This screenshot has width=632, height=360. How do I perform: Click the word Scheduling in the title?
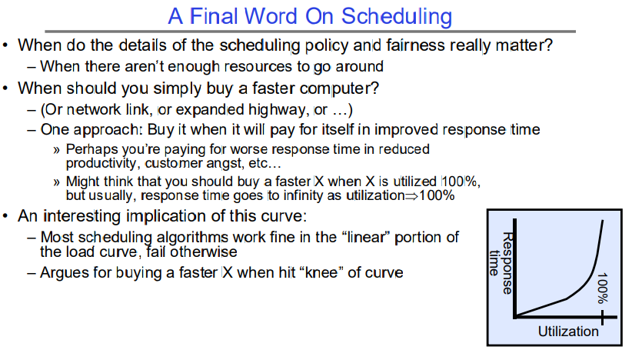397,18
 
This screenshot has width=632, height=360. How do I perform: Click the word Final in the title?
214,16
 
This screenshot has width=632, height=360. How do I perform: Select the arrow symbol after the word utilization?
411,196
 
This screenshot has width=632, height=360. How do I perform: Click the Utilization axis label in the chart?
568,332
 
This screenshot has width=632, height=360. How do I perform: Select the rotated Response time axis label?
501,263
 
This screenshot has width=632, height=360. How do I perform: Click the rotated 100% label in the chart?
602,288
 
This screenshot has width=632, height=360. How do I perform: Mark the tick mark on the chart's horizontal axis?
603,317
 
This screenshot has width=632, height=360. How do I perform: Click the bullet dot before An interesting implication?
5,216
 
